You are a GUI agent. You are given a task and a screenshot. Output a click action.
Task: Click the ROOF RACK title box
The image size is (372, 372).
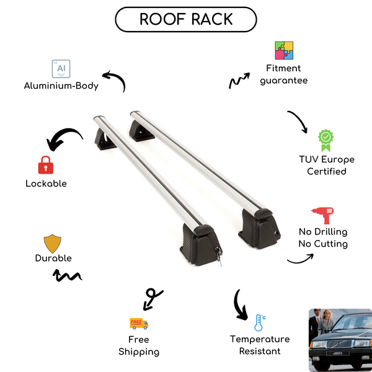185,19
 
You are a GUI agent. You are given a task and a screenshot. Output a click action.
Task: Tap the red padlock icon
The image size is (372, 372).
45,164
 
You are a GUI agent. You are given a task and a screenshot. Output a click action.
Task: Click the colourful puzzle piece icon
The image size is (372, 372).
284,51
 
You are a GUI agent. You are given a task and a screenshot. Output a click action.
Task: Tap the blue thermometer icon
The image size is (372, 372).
259,322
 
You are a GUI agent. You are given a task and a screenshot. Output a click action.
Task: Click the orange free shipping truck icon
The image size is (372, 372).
139,323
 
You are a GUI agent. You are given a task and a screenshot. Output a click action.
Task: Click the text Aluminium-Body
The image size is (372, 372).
61,86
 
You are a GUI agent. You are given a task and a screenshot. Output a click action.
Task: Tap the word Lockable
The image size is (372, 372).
46,184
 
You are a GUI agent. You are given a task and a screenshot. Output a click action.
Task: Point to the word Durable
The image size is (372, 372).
53,258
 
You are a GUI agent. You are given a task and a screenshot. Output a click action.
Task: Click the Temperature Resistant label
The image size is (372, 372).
260,345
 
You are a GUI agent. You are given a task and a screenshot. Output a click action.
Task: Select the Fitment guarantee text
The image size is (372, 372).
284,74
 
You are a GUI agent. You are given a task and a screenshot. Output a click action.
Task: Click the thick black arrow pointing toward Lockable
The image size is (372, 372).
64,140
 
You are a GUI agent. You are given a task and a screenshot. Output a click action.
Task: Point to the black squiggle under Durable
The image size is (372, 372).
68,275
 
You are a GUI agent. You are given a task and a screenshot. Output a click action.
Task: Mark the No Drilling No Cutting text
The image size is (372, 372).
322,237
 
